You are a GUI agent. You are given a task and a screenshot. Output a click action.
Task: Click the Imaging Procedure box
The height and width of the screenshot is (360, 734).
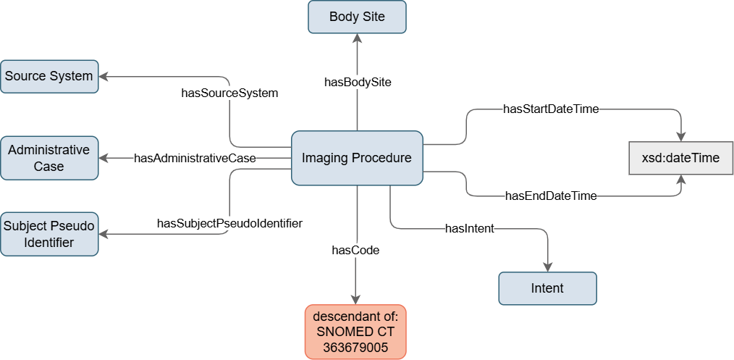point(357,158)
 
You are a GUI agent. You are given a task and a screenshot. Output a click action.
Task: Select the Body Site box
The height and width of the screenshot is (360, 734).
point(357,17)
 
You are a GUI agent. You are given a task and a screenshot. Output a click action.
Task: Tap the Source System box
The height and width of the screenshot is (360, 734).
point(49,76)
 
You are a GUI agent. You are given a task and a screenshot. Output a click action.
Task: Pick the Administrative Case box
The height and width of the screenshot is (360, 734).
point(49,158)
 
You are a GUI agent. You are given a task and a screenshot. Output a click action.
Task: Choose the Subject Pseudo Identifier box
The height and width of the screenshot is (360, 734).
point(49,234)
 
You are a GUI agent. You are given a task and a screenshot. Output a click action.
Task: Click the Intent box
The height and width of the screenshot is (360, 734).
point(547,288)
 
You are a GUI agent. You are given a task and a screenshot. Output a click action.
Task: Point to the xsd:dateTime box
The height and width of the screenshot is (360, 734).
point(680,158)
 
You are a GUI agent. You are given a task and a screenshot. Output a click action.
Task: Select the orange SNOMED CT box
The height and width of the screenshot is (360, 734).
point(355,332)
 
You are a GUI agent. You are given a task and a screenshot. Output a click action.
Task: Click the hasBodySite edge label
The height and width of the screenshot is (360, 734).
point(358,83)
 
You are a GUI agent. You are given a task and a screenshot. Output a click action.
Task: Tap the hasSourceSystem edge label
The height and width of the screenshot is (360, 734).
point(229,93)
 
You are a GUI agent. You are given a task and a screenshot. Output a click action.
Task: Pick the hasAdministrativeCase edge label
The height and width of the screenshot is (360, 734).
point(195,158)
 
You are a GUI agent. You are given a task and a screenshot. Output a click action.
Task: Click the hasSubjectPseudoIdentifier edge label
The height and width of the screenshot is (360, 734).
point(229,223)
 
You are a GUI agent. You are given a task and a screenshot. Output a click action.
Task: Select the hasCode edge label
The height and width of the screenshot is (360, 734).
point(355,251)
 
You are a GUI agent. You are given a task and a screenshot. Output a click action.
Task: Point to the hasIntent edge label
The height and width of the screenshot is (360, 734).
point(470,228)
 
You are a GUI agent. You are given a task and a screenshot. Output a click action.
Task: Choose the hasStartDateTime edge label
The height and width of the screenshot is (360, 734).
point(551,109)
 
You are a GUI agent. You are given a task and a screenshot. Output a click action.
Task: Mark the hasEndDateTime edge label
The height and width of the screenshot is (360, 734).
point(551,196)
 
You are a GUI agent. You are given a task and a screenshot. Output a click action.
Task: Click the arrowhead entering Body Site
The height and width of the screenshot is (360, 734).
point(357,38)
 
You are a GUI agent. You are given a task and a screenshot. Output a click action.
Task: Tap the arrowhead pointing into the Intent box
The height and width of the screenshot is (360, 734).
point(547,267)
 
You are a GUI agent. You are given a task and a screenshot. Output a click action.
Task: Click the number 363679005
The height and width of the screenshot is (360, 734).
point(355,348)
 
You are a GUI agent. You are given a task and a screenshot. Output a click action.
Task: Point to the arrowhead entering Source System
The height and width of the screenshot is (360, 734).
point(103,76)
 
